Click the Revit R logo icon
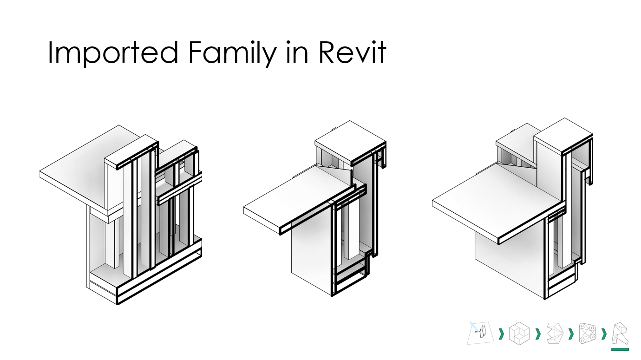[x=620, y=334]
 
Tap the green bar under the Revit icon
[x=620, y=349]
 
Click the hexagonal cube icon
[x=519, y=334]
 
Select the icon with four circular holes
[x=587, y=334]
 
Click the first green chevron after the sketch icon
[x=501, y=334]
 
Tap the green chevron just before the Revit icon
[x=604, y=334]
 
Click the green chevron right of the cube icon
[x=538, y=334]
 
